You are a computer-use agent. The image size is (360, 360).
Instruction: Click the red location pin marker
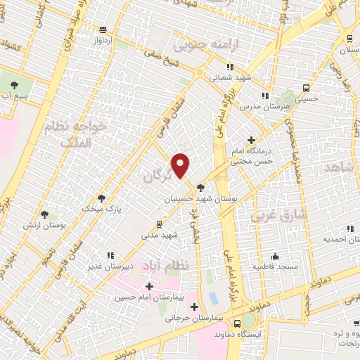coord(181,165)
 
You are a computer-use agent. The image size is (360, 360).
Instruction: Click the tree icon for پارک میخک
coord(102,198)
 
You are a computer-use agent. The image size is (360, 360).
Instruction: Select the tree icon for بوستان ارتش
coord(45,214)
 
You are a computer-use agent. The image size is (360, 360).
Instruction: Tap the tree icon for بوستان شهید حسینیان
coord(201,188)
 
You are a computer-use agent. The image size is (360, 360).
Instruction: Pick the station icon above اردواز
coord(103,30)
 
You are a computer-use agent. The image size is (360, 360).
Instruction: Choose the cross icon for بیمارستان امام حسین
coord(149,286)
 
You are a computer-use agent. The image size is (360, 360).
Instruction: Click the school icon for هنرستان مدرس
coord(264,95)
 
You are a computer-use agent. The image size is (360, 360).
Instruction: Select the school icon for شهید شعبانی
coord(229,67)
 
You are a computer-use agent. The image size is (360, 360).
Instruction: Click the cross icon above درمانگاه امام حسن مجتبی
coord(251,141)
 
